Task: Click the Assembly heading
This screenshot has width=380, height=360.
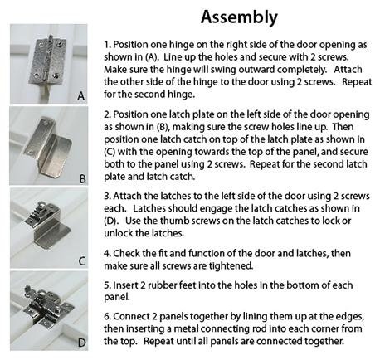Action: (x=239, y=17)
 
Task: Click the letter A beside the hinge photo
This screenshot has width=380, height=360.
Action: (x=81, y=96)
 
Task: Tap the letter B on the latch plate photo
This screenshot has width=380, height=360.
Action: (x=82, y=179)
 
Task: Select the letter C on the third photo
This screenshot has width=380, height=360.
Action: (x=82, y=261)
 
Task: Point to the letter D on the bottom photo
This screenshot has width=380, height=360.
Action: (x=81, y=343)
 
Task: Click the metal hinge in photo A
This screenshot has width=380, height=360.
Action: (x=47, y=60)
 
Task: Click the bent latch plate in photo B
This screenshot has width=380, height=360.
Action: (x=47, y=145)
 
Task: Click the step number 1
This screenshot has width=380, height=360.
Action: (x=107, y=45)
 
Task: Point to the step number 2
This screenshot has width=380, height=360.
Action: (x=107, y=114)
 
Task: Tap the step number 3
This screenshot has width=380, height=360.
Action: (x=107, y=196)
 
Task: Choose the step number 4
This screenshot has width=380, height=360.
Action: (x=107, y=254)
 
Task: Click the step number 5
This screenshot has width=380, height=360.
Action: (x=107, y=285)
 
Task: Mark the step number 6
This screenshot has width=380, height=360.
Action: (x=107, y=317)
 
